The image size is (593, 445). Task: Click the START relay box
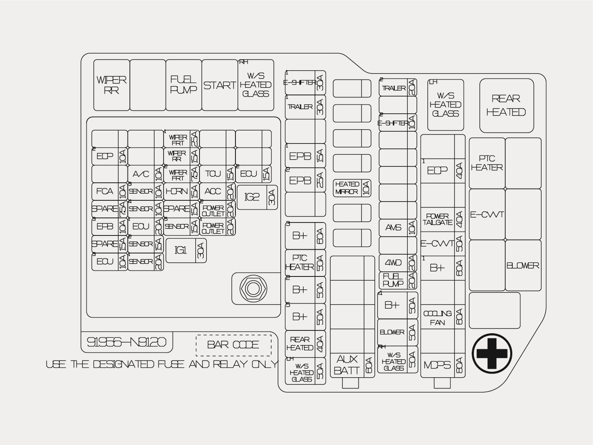[x=220, y=85]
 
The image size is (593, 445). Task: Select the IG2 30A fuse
[x=257, y=197]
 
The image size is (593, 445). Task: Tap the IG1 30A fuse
[x=186, y=250]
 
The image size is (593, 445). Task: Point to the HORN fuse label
[x=176, y=192]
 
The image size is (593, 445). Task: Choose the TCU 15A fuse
[x=217, y=174]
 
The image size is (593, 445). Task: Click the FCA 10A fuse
[x=109, y=192]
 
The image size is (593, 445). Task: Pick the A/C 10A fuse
[x=145, y=174]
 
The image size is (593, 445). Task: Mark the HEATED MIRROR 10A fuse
[x=352, y=188]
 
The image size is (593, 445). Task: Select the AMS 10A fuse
[x=398, y=228]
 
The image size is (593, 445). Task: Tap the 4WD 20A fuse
[x=398, y=263]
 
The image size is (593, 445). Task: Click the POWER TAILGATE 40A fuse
[x=442, y=219]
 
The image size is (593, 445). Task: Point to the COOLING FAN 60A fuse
[x=442, y=318]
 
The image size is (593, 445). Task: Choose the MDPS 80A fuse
[x=442, y=365]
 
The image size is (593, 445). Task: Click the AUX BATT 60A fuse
[x=352, y=365]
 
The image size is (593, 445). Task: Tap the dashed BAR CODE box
[x=233, y=345]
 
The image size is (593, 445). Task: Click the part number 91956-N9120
[x=126, y=343]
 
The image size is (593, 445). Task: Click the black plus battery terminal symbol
[x=491, y=353]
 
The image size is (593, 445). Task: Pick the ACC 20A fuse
[x=217, y=192]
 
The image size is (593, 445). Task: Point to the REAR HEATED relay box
[x=506, y=105]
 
